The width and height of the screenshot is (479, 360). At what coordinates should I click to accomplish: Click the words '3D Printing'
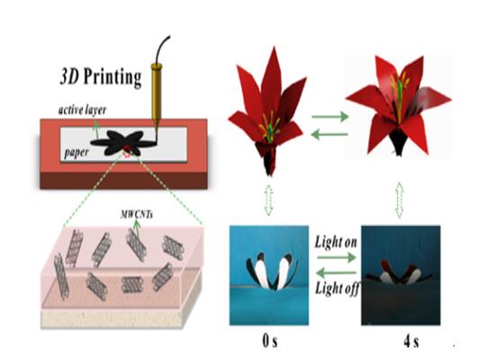coord(101,76)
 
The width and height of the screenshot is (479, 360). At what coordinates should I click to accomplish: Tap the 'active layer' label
coord(83,110)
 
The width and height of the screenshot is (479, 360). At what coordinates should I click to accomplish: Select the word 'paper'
coord(77,153)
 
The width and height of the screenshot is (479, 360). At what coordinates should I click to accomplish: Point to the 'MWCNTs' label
coord(137,215)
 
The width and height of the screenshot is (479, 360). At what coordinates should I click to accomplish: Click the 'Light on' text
coord(336,242)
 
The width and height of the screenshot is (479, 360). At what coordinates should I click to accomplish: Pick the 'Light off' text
coord(337,288)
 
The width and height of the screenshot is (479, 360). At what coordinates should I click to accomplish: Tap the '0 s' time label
coord(270,341)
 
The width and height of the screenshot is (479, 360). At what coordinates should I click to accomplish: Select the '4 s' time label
coord(411,341)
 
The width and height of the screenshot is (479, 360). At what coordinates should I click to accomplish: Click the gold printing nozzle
coord(156,93)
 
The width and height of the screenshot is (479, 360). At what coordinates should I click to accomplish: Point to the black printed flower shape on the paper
coord(123,142)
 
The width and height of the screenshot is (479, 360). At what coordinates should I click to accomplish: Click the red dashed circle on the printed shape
coord(126,151)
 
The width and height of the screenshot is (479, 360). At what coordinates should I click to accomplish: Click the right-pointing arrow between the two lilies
coord(330,117)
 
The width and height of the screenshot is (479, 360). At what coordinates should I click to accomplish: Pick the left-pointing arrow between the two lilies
coord(330,134)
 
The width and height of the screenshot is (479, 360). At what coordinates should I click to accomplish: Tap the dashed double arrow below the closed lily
coord(268,200)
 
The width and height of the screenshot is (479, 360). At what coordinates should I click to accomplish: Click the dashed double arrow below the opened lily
coord(400,201)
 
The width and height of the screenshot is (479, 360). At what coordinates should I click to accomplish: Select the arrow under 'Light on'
coord(337,257)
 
